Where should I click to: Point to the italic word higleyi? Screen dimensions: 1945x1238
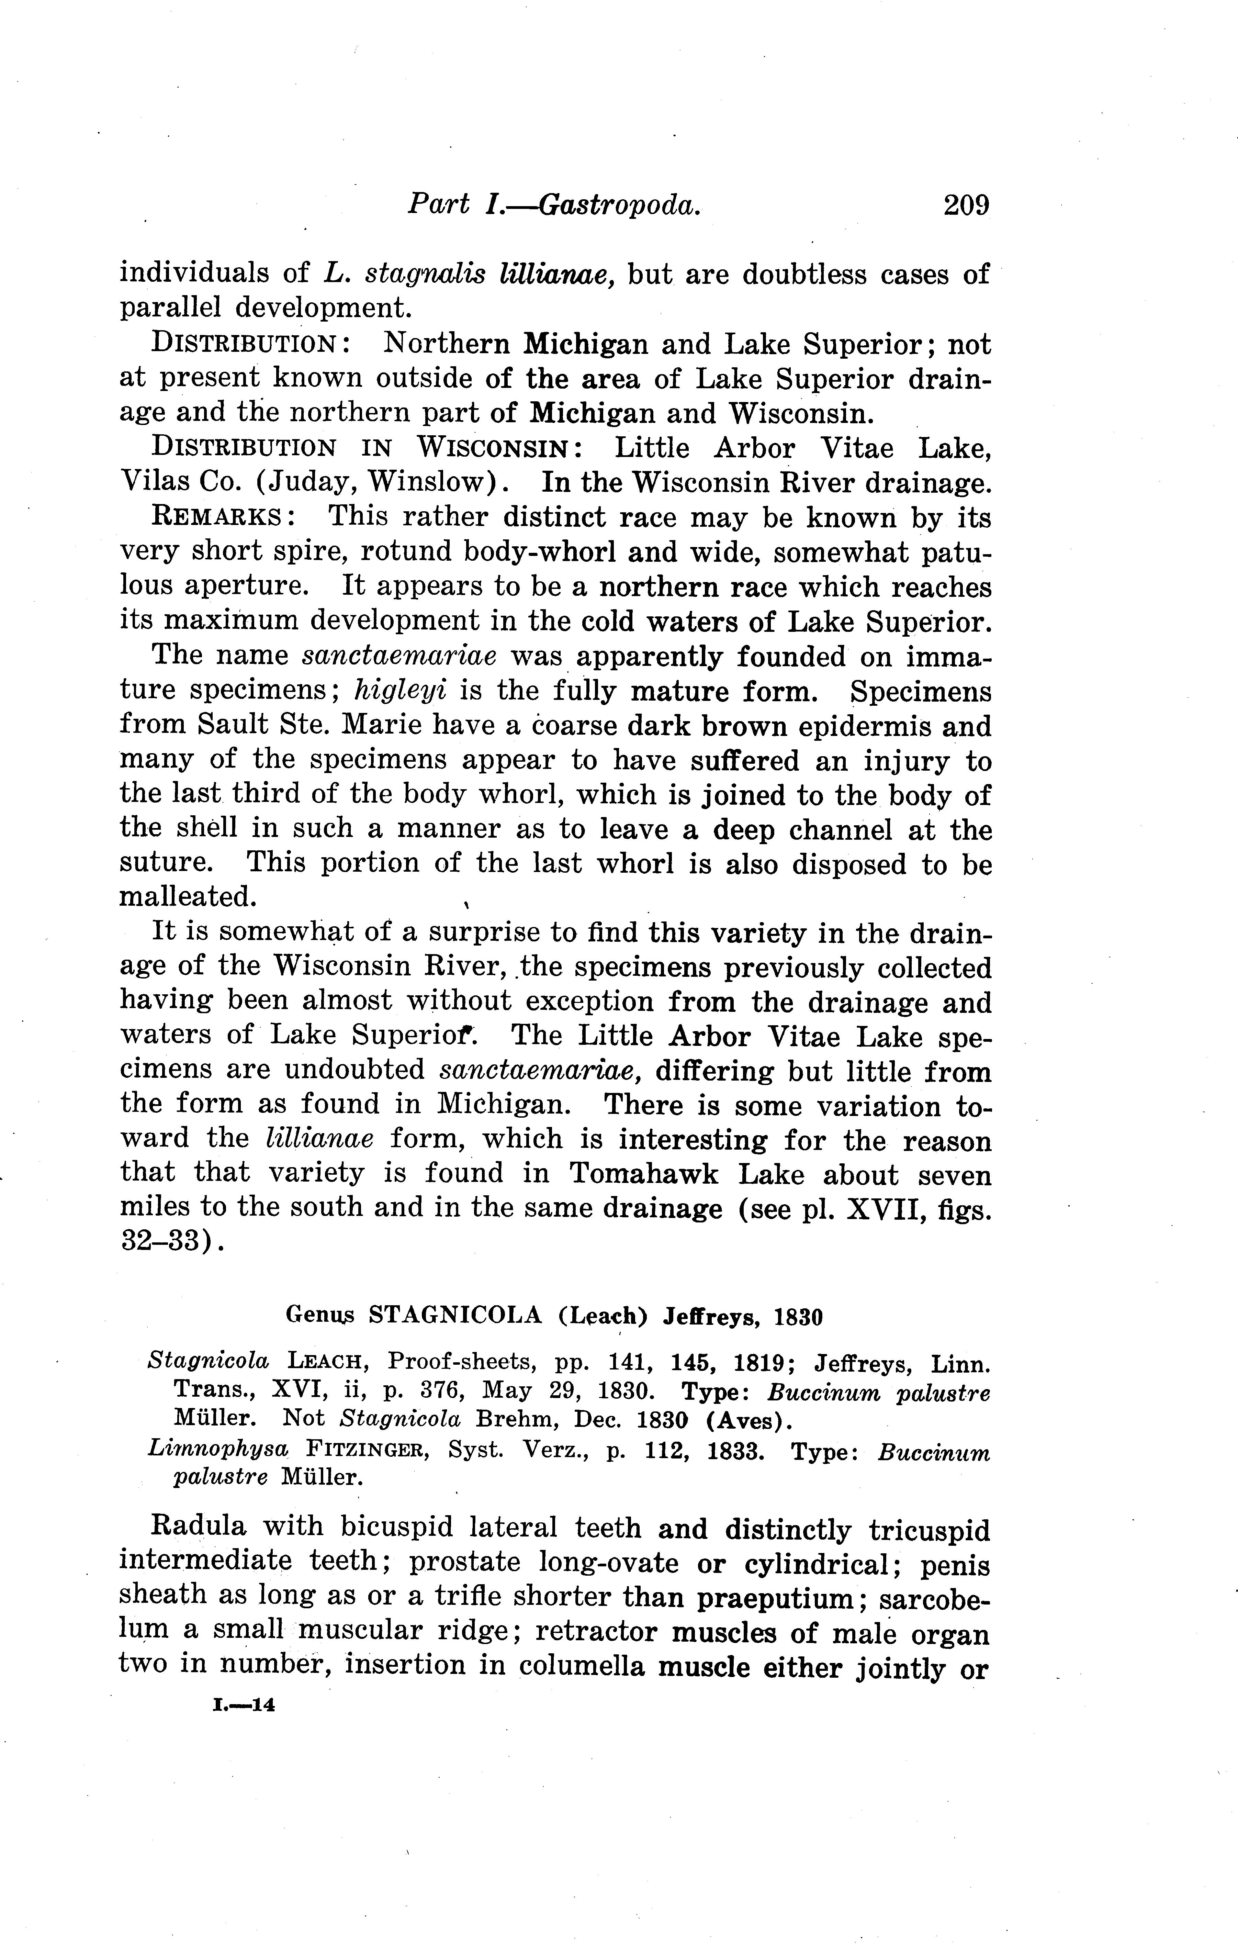click(x=401, y=692)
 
